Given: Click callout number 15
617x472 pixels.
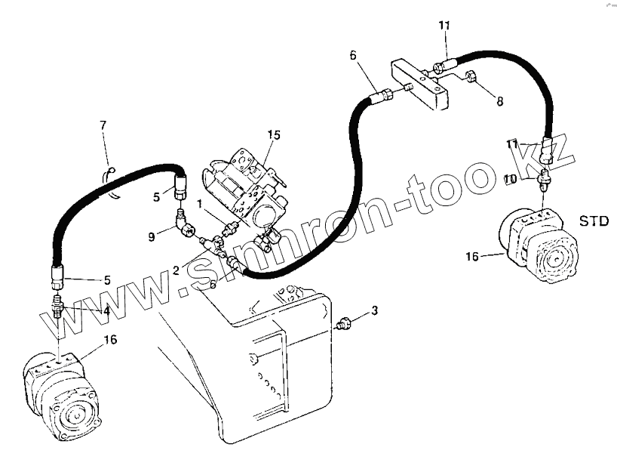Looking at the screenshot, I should pyautogui.click(x=273, y=135).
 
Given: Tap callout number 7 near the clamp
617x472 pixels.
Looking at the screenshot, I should pyautogui.click(x=104, y=125).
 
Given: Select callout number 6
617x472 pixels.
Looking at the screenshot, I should pyautogui.click(x=352, y=55).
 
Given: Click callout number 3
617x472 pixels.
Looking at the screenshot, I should pyautogui.click(x=374, y=311).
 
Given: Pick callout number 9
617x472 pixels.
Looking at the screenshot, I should pyautogui.click(x=152, y=236).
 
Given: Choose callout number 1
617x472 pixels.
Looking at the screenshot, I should pyautogui.click(x=200, y=205).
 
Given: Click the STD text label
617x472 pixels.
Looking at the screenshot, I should pyautogui.click(x=593, y=221).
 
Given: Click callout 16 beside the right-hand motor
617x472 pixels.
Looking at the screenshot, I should pyautogui.click(x=472, y=257).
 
